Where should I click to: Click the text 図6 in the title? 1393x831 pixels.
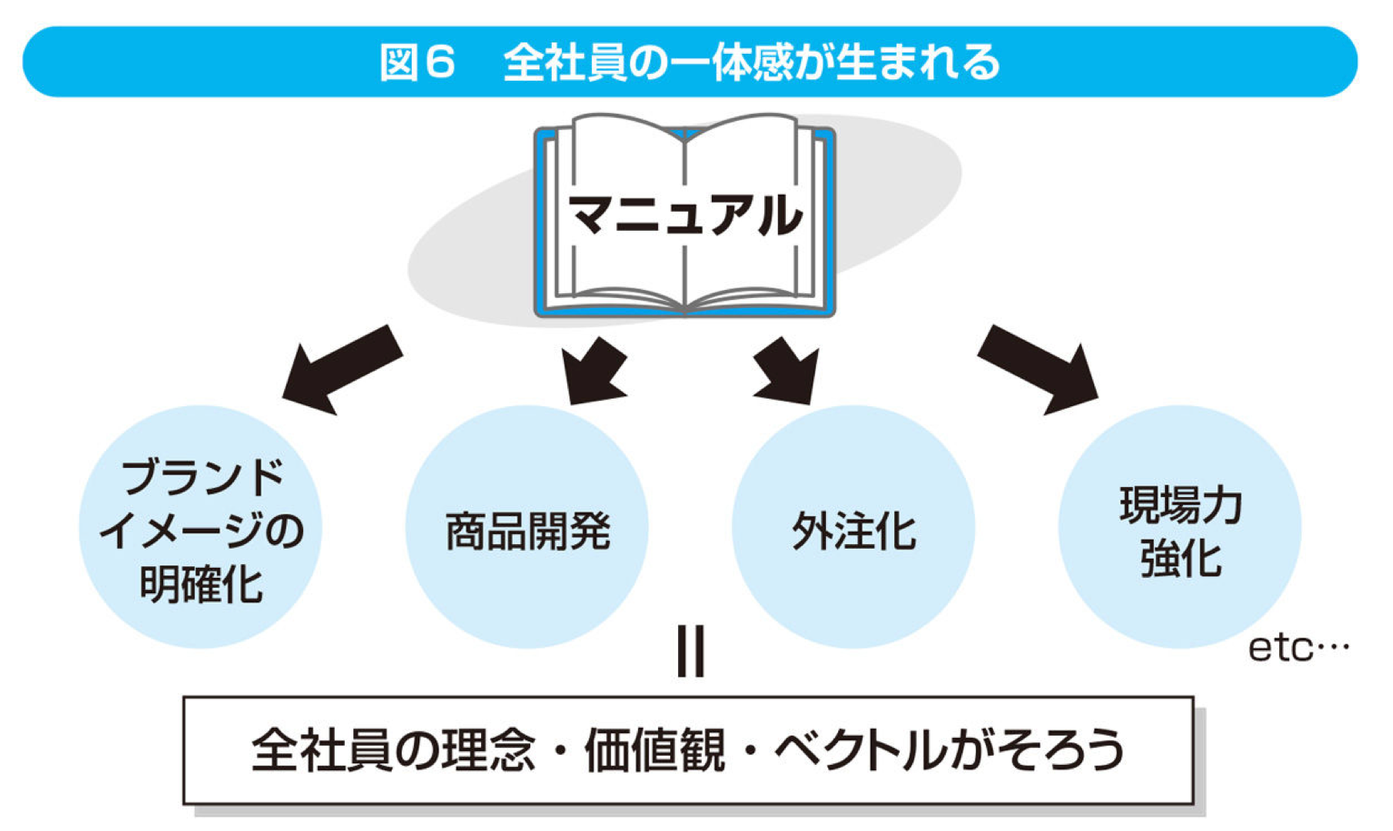click(418, 62)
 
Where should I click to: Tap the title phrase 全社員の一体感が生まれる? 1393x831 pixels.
click(751, 62)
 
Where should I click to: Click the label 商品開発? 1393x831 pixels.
click(528, 531)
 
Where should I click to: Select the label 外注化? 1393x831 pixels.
click(854, 531)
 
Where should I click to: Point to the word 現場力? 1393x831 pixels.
click(1181, 506)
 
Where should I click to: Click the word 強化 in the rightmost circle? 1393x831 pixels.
click(1181, 559)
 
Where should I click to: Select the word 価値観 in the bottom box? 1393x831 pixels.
click(654, 750)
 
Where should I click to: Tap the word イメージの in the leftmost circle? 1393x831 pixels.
click(202, 531)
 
